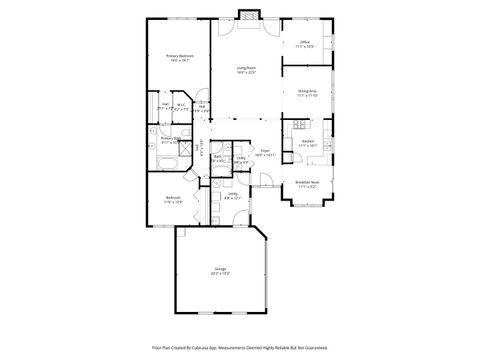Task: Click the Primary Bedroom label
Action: click(x=179, y=55)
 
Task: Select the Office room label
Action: click(x=305, y=42)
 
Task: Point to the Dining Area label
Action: click(x=307, y=91)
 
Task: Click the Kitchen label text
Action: click(x=308, y=141)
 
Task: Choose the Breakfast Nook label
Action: click(x=307, y=182)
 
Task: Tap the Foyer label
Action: click(x=265, y=150)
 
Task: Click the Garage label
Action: click(x=219, y=268)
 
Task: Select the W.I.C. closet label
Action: click(x=182, y=104)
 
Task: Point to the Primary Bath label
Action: click(x=168, y=139)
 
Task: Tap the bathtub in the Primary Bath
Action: click(x=164, y=161)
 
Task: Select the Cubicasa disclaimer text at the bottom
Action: click(x=240, y=348)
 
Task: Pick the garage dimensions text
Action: click(x=219, y=273)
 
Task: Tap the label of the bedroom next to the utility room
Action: click(x=173, y=197)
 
